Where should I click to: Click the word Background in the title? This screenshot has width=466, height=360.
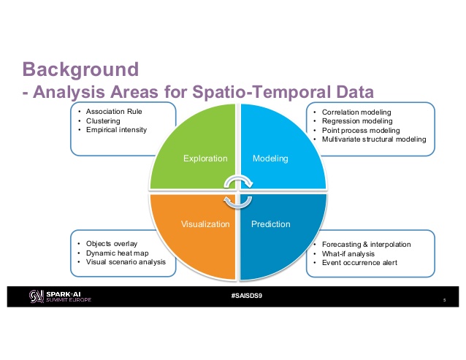pos(80,70)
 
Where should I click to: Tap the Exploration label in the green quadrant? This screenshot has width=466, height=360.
pos(206,158)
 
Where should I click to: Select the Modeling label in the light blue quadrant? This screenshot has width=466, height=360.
pos(270,158)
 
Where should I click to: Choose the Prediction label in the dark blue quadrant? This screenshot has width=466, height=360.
pos(271,224)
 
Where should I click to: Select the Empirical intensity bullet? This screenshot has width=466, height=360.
pos(116,130)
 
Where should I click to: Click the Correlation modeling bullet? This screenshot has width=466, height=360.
pos(357,112)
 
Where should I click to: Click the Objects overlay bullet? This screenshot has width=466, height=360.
pos(112,243)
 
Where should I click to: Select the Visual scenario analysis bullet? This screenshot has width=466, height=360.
pos(126,261)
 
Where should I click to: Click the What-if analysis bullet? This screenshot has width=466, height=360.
pos(348,253)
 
